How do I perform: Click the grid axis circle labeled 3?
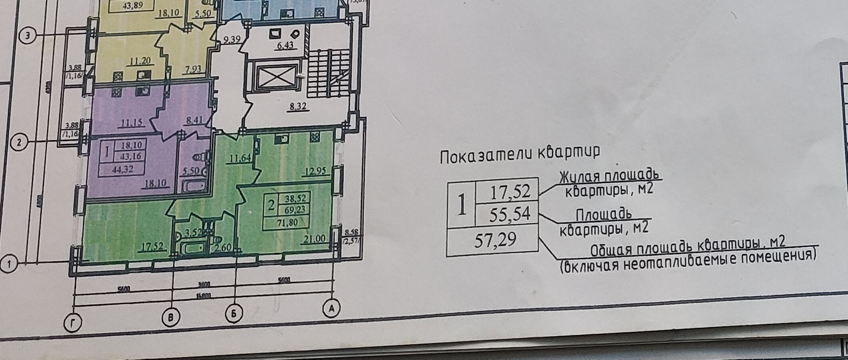[27, 36]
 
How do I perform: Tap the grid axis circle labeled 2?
[19, 143]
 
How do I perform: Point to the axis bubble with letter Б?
[234, 314]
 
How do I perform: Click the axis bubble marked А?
[331, 309]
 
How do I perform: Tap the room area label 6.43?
[285, 45]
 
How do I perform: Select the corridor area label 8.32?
[298, 106]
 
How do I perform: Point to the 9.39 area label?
[231, 40]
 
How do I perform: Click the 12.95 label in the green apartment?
[314, 170]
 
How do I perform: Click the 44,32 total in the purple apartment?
[122, 169]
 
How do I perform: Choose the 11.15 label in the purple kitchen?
[132, 122]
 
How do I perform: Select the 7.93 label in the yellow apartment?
[193, 69]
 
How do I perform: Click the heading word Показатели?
[486, 155]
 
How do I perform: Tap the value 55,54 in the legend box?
[509, 214]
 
